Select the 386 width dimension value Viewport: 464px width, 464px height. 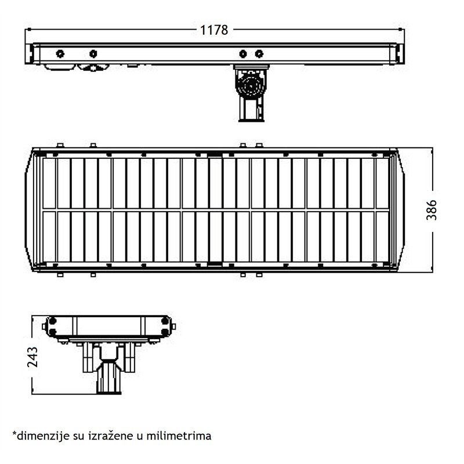tap(432, 210)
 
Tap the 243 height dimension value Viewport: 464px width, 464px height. tap(32, 357)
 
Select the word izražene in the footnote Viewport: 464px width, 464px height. tap(117, 435)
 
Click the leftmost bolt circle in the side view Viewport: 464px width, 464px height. tap(59, 54)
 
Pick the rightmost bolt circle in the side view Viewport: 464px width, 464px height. tap(259, 54)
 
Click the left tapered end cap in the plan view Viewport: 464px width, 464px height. tap(30, 210)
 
